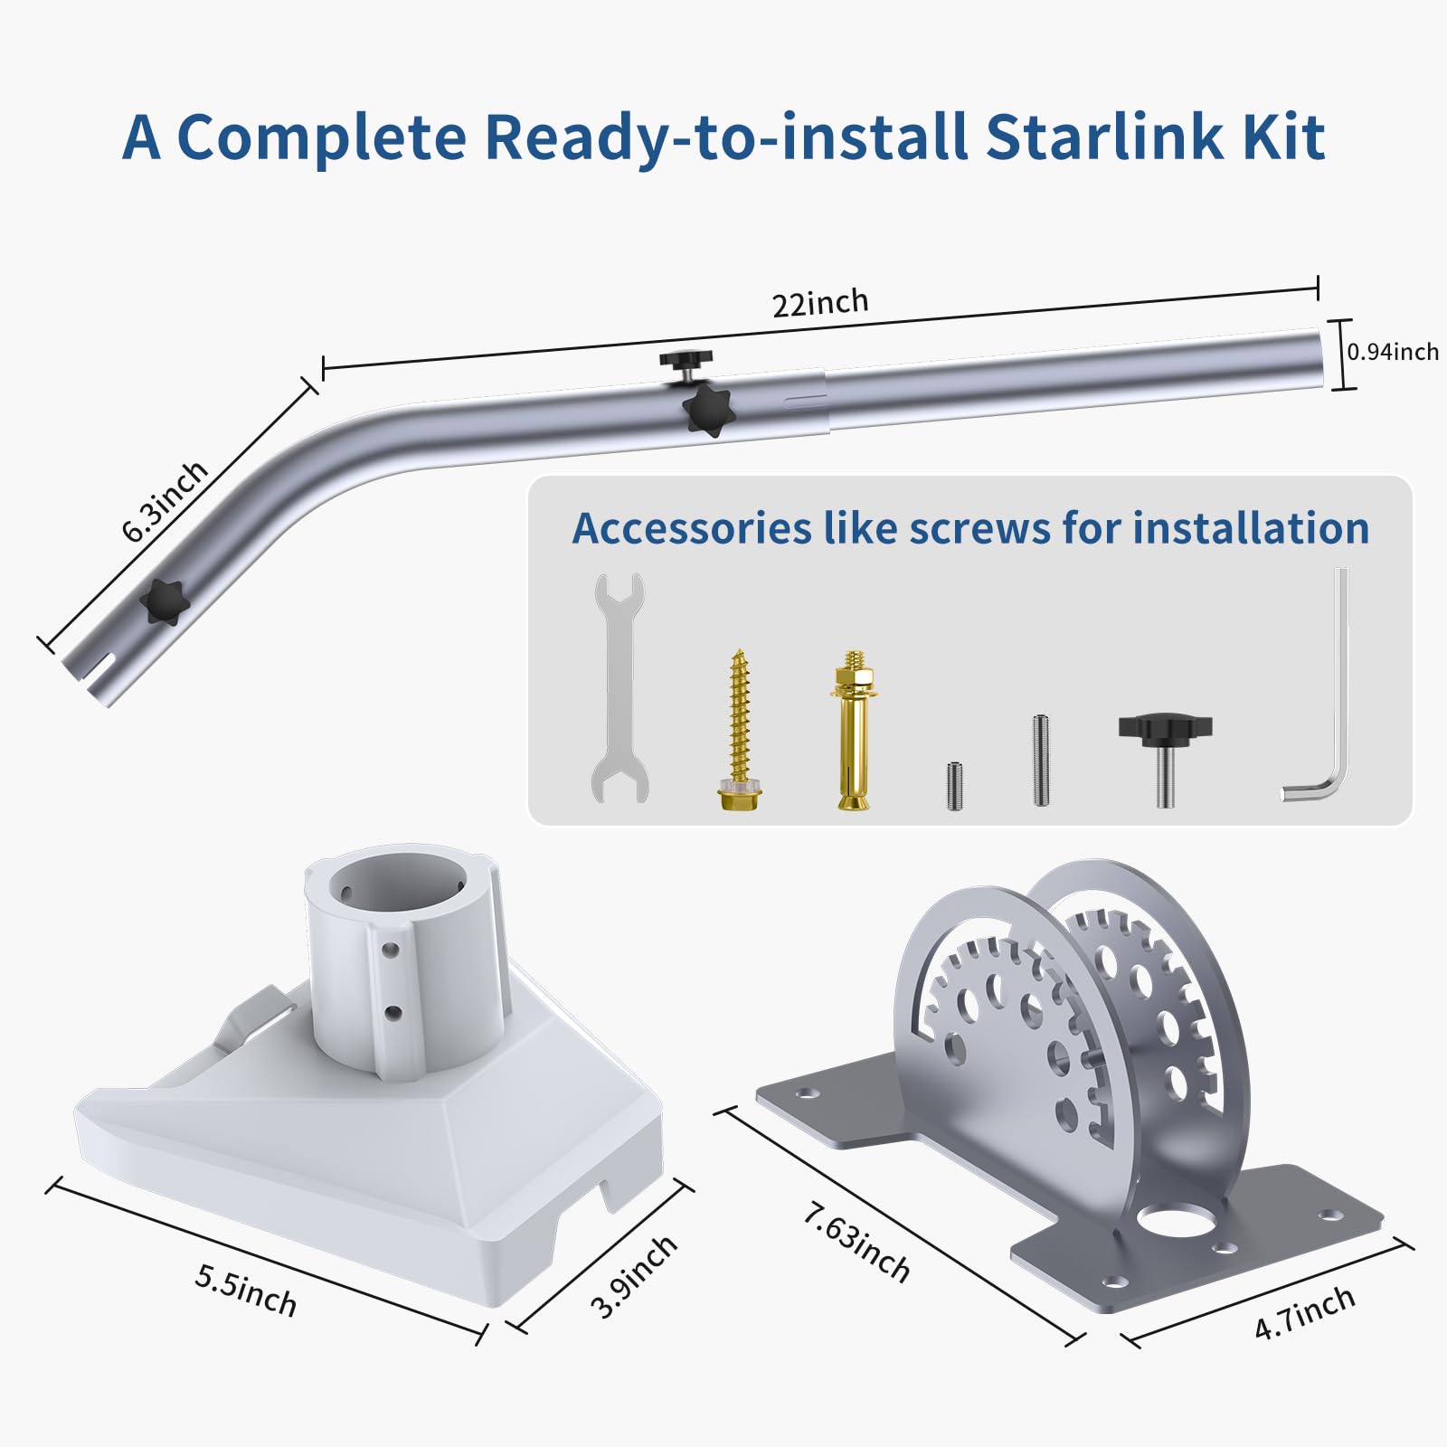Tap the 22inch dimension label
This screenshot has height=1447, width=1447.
[820, 303]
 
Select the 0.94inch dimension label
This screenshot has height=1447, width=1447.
[1393, 352]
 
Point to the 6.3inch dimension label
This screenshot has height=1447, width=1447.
[165, 501]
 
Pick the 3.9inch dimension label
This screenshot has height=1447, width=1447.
[633, 1277]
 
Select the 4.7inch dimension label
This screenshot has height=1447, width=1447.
[1304, 1313]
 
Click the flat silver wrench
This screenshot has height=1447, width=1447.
[619, 687]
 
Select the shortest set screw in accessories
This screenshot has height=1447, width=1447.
[955, 786]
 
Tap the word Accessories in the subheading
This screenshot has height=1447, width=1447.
[692, 528]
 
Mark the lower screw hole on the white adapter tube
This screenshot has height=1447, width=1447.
[392, 1013]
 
